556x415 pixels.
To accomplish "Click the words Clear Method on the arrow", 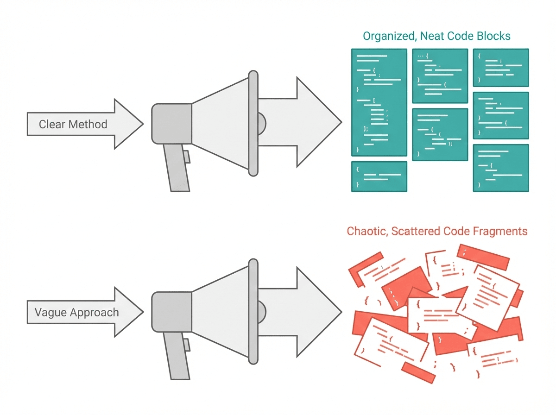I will (x=73, y=124).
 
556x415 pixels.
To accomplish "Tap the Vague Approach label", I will (x=76, y=312).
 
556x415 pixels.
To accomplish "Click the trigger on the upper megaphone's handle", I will (x=186, y=157).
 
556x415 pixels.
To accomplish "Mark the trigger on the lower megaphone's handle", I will (x=186, y=345).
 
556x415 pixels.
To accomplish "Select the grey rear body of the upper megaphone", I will (x=171, y=123).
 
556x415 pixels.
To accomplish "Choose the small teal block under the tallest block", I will (x=379, y=176).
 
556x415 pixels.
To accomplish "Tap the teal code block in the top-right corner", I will (x=501, y=67).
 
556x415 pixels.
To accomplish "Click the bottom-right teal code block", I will (x=501, y=168).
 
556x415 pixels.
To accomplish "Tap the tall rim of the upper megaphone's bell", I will (x=253, y=123).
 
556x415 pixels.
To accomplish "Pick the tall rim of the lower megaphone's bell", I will (x=253, y=311).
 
